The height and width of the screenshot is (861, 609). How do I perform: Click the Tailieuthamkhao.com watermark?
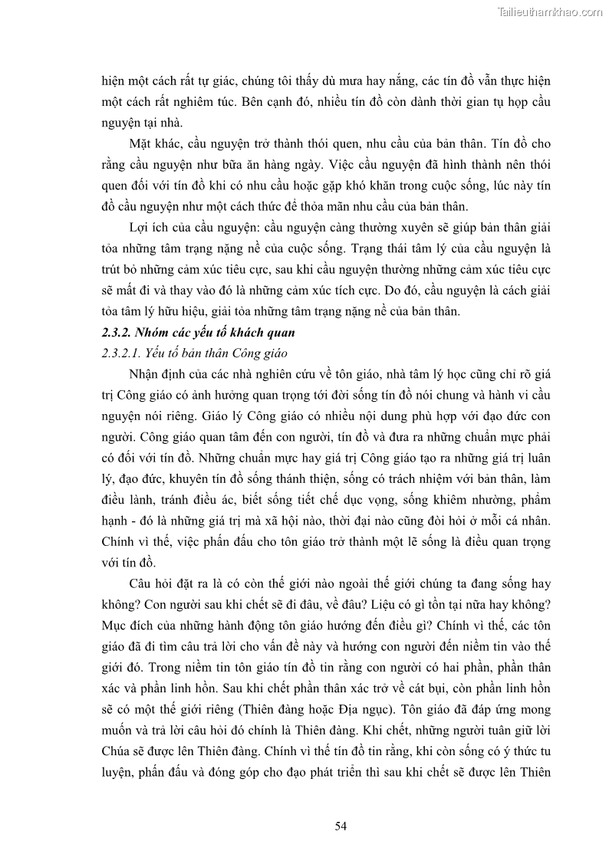click(x=550, y=12)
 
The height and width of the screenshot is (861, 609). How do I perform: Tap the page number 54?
click(x=342, y=825)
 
